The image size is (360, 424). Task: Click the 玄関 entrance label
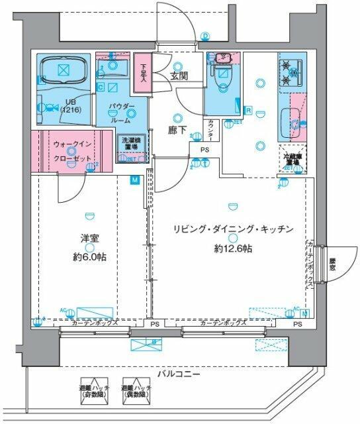[x=179, y=76]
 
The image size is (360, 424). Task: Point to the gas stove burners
[x=289, y=72]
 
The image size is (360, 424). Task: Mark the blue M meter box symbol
[x=134, y=180]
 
